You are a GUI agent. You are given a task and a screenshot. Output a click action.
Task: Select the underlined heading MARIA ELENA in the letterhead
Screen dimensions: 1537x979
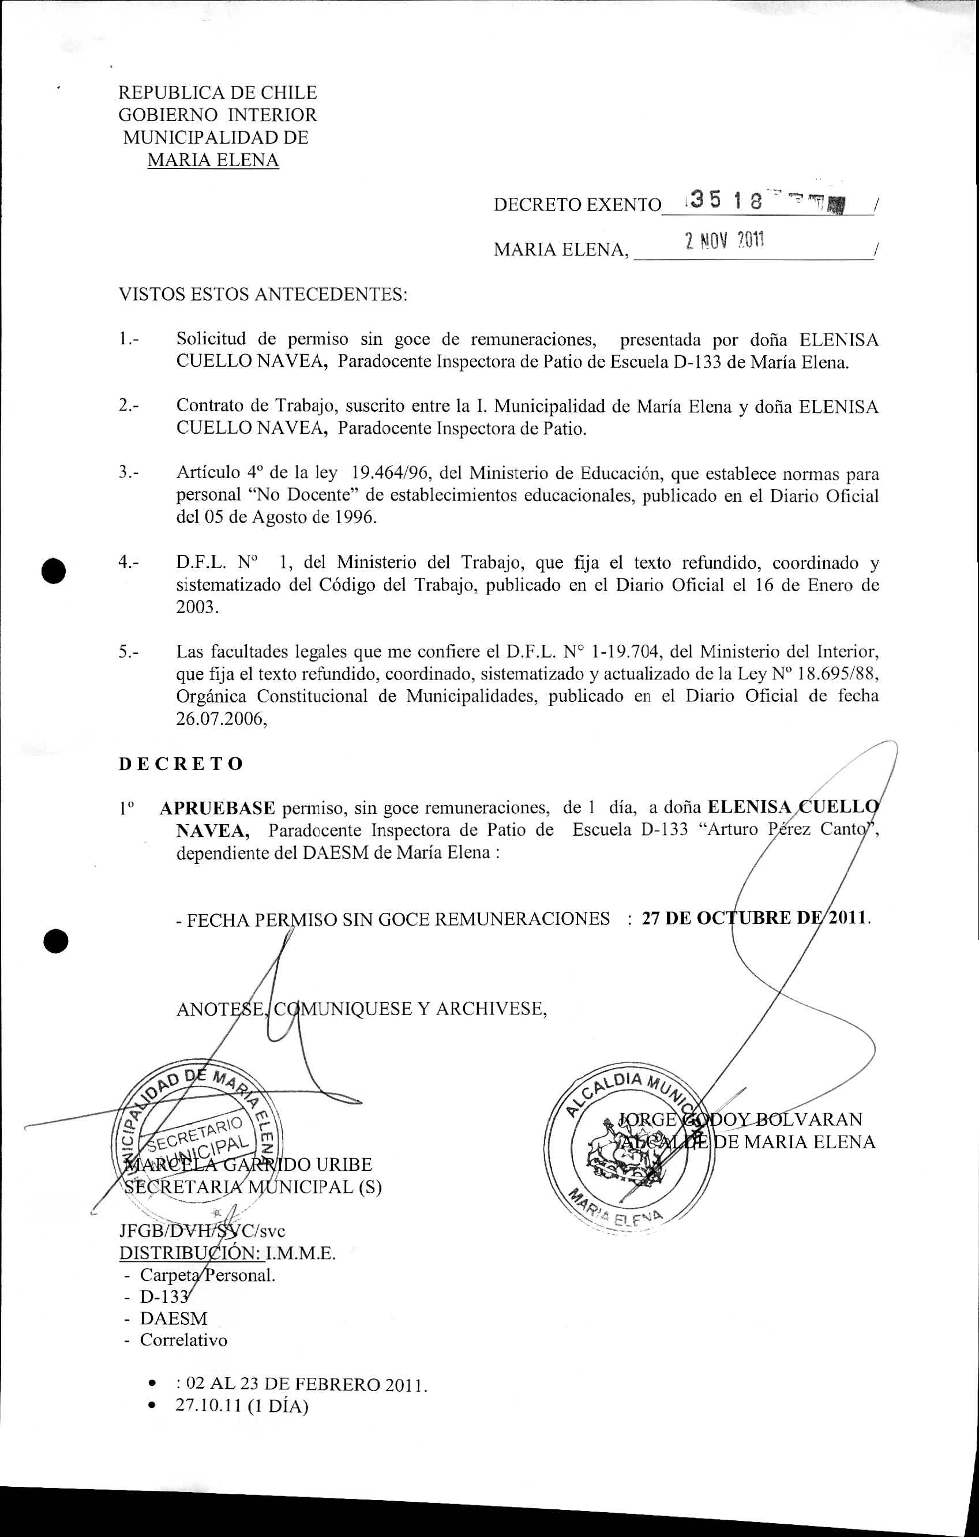[x=213, y=160]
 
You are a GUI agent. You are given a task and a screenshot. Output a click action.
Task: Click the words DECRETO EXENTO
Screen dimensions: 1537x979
[x=577, y=205]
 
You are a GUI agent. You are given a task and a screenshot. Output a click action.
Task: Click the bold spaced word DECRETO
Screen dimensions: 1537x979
[x=181, y=764]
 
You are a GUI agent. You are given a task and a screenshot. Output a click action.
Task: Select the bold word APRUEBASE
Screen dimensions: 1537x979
[x=217, y=808]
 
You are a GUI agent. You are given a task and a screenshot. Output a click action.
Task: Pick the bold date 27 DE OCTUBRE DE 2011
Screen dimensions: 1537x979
[x=755, y=919]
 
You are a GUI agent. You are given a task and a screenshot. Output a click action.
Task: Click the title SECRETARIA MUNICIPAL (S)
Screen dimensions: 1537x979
[x=253, y=1187]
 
